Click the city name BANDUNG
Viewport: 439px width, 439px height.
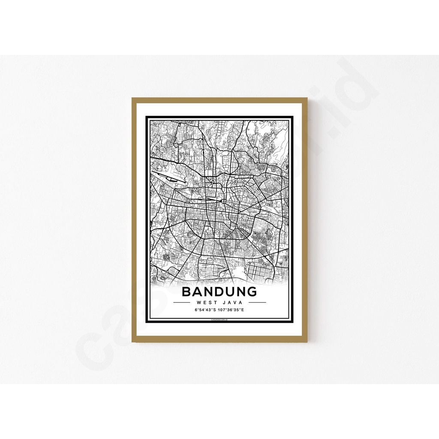(219, 292)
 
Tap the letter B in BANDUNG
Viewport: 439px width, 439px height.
(187, 292)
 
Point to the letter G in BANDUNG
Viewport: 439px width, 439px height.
(252, 292)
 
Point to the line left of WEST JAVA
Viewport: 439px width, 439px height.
(183, 302)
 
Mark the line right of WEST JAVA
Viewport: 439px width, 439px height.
(256, 302)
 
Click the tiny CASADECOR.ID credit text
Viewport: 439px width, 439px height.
(219, 320)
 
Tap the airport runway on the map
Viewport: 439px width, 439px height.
(167, 177)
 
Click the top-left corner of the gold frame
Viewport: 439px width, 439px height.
(133, 99)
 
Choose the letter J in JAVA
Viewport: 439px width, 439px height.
(225, 302)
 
